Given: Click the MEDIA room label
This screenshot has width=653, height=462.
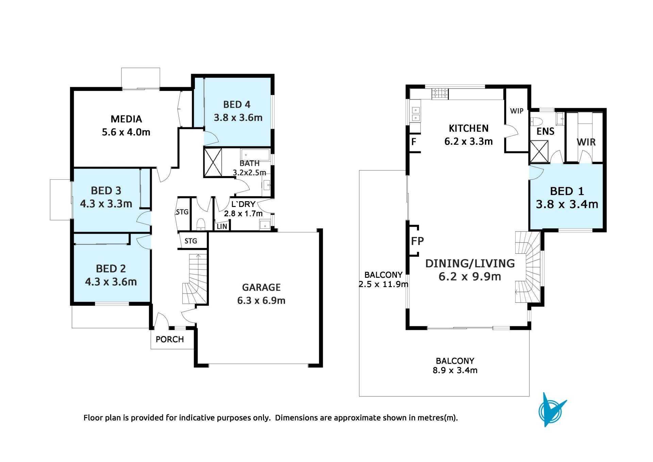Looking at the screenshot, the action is coord(126,119).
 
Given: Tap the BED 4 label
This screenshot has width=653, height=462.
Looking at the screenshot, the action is coord(237,105).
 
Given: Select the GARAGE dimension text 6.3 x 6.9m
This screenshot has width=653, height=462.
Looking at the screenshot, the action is coord(261,301).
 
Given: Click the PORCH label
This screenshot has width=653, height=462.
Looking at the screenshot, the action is coord(170,339).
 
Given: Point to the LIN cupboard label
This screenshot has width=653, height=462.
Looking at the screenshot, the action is coord(222,226).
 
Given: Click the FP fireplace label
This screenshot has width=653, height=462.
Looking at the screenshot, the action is coord(417,241).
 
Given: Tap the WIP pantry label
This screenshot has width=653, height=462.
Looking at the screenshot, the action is coord(517,111).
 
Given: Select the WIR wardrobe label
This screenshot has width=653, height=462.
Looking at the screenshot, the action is coord(586,142).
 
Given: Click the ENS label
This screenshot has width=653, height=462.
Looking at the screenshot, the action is coord(546,131).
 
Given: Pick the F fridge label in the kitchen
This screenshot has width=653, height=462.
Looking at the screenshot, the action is coord(414,142).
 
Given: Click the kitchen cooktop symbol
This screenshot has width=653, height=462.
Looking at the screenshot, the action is coord(440,94).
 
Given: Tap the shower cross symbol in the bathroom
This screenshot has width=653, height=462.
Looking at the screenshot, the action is coord(213,162).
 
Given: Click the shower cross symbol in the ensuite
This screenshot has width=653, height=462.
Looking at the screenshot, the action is coord(539,151).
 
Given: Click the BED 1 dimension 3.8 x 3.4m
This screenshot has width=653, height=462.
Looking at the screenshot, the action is coord(567,204).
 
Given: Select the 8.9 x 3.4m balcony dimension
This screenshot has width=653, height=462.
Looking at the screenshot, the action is coord(455,370).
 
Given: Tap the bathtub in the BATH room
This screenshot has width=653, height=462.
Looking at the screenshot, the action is coord(255,155).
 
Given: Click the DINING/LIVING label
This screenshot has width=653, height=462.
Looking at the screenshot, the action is coord(470,264).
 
